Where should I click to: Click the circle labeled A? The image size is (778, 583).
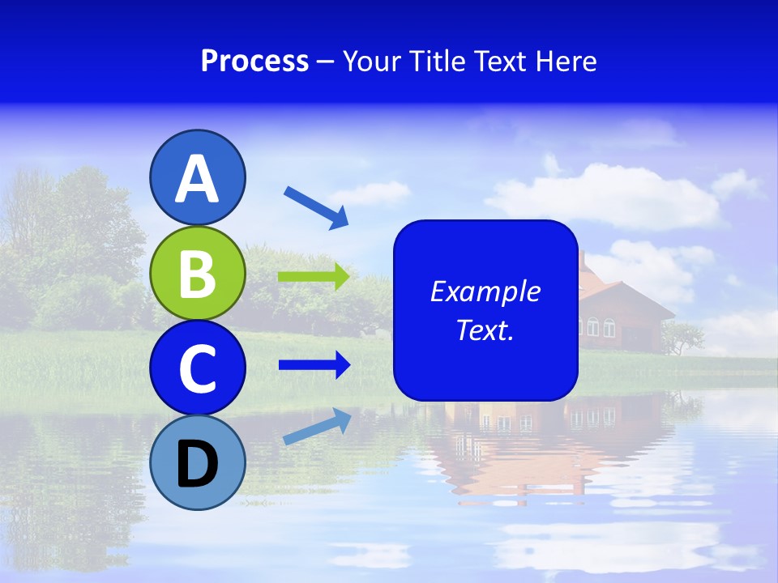coord(198,177)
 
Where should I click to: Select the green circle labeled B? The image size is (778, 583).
coord(198,273)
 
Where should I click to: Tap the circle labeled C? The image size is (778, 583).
coord(198,368)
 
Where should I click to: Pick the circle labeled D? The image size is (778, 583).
coord(198,462)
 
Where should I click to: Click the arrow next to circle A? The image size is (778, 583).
coord(316,207)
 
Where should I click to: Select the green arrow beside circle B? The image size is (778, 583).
coord(314,277)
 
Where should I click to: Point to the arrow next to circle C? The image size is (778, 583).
coord(314,365)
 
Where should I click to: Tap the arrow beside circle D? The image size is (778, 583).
coord(317,426)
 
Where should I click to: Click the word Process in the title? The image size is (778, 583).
coord(254,61)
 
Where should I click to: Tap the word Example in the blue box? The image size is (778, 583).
coord(485,291)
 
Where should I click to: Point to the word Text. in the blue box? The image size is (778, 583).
coord(485,330)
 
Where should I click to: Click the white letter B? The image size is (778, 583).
coord(198,273)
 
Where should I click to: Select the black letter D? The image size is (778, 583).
coord(198,464)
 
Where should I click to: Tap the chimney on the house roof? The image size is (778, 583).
coord(581,259)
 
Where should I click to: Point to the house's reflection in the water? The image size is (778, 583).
coord(519,437)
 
